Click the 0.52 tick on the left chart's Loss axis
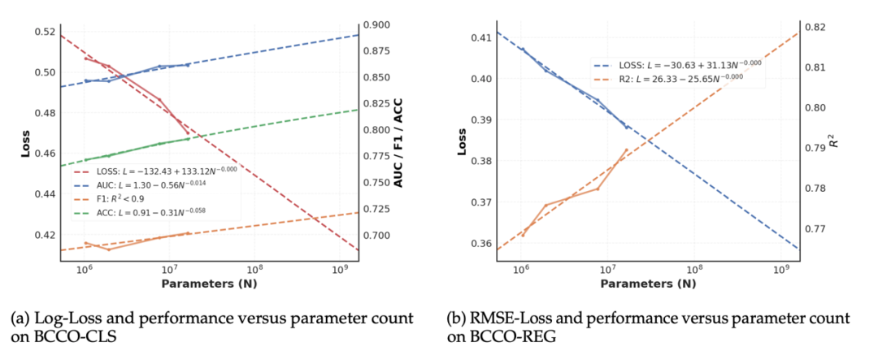pos(44,32)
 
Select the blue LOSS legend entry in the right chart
pos(679,63)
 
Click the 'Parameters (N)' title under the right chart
pos(648,284)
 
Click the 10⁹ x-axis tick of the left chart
pos(341,270)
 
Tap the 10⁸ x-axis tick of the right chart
pos(693,270)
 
